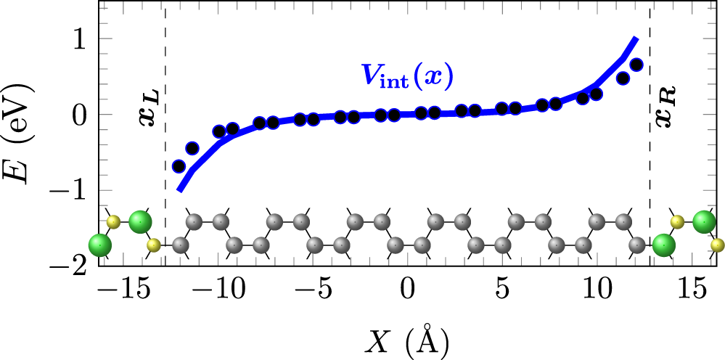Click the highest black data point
point(636,65)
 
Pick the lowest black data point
point(179,165)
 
